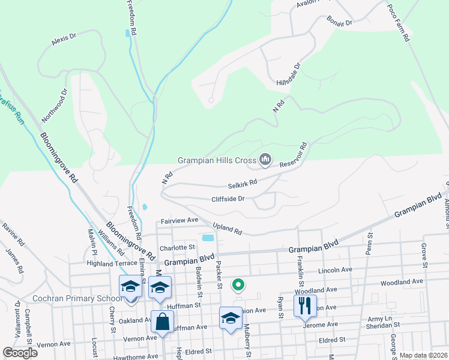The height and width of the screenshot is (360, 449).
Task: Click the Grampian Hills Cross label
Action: pos(217,160)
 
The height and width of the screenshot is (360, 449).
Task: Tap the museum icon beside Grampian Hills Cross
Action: pos(265,160)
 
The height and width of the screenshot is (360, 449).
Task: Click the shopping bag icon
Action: pos(163,322)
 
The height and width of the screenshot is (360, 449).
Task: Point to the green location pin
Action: pos(238,285)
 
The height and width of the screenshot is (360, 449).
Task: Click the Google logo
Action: pos(20,352)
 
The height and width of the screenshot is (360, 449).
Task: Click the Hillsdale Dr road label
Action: pos(289,74)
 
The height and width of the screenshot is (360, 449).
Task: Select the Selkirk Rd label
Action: pos(243,182)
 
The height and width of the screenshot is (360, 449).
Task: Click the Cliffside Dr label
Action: pos(228,199)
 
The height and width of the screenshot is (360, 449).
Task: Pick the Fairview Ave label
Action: pos(179,220)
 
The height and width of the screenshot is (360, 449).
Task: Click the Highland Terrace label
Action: pos(112,263)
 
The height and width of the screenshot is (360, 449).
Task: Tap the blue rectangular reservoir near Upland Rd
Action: pos(208,238)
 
